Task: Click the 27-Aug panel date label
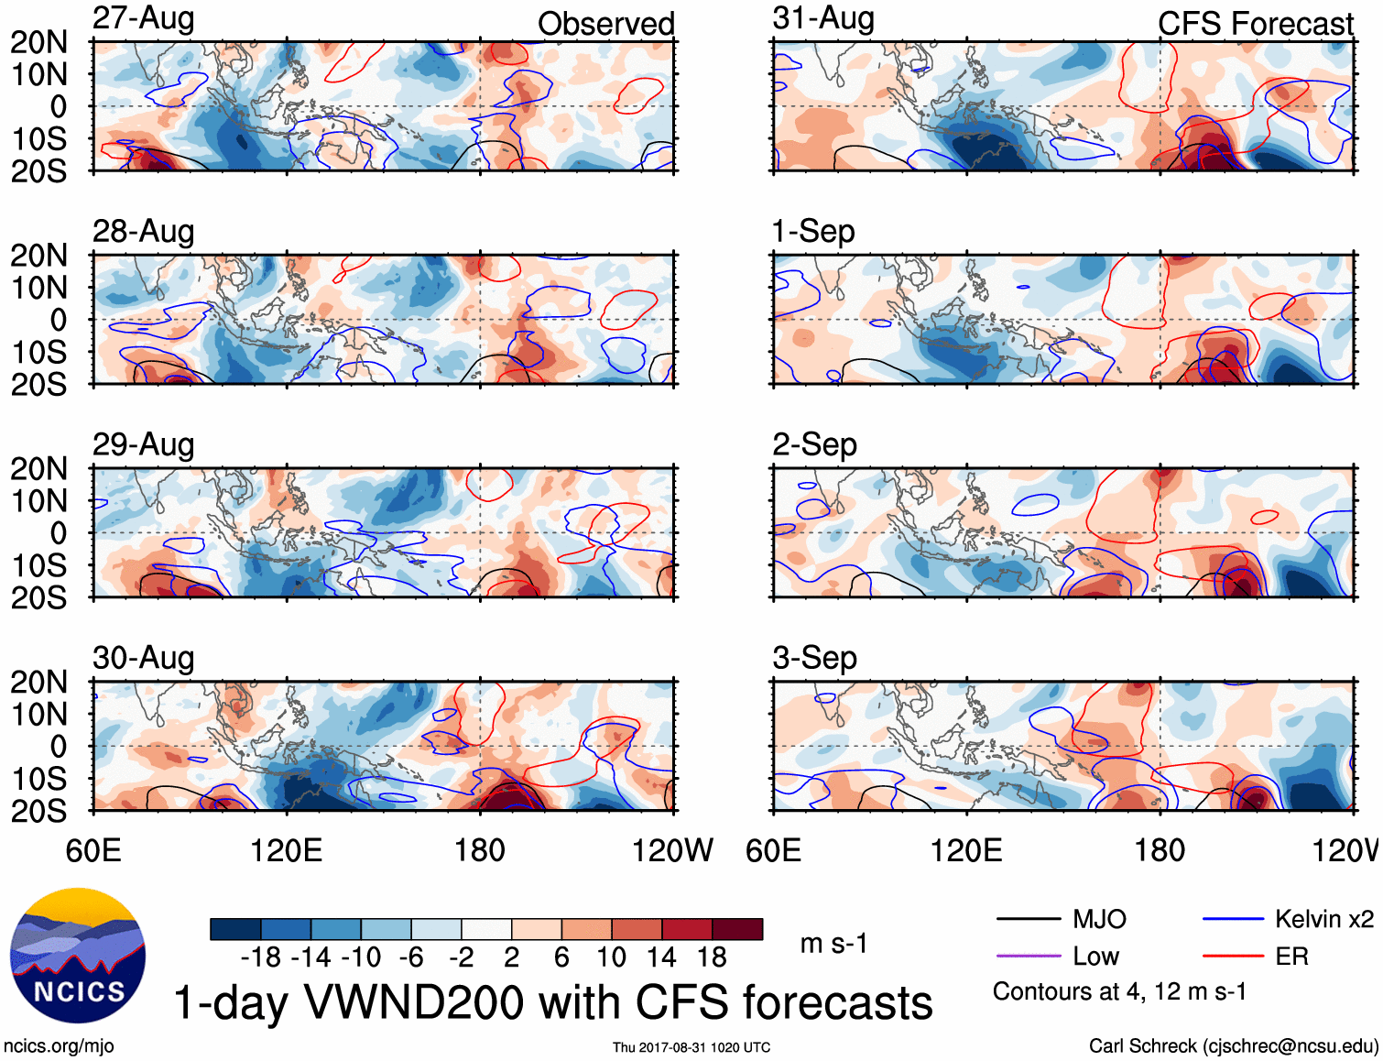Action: click(143, 18)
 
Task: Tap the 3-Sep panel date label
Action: click(814, 658)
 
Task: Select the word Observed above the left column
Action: click(605, 24)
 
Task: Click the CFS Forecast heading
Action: click(1255, 24)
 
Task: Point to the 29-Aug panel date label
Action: click(143, 445)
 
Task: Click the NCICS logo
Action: click(78, 956)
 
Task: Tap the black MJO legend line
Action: click(1028, 919)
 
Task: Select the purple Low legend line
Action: click(1028, 957)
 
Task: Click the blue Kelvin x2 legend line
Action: click(1233, 919)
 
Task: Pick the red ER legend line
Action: click(1233, 957)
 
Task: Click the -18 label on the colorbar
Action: click(261, 957)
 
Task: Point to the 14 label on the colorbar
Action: click(661, 957)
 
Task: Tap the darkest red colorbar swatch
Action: click(737, 929)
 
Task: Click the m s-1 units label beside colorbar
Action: click(833, 944)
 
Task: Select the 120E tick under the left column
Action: click(287, 851)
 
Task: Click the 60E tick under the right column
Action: click(774, 851)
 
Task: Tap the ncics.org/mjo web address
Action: click(59, 1046)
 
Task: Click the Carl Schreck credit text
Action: click(1233, 1046)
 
